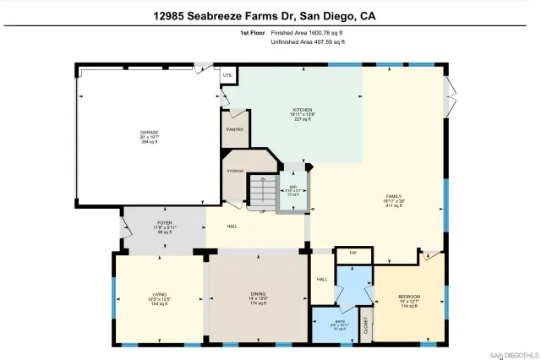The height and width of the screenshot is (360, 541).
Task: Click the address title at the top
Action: (270, 14)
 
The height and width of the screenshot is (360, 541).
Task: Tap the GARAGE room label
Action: (150, 133)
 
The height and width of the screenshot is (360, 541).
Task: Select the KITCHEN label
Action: (302, 111)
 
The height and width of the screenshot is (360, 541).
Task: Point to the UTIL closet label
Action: (227, 75)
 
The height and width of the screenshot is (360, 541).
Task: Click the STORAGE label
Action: (235, 171)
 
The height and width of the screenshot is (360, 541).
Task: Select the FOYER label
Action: (163, 223)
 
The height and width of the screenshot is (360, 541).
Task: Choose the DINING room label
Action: (259, 294)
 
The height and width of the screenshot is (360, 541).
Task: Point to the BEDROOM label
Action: (409, 297)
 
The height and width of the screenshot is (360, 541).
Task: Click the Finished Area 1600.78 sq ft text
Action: (307, 33)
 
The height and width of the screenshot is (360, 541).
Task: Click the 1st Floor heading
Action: (252, 33)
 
